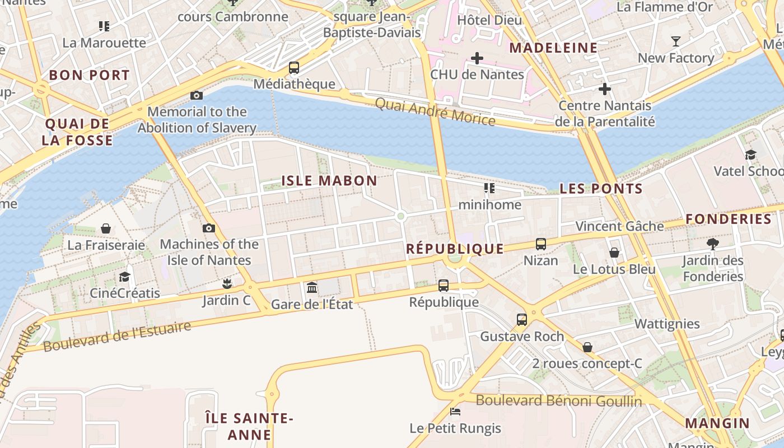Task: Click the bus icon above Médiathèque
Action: pos(294,68)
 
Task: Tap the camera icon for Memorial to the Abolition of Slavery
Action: pos(197,95)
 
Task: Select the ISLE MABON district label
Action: pos(329,180)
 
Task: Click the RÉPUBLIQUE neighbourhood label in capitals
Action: pos(455,249)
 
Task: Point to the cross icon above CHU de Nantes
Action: pos(477,58)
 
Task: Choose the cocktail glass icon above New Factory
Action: pos(676,41)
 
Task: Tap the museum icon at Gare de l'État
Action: pos(312,288)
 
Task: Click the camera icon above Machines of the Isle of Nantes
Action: pos(209,228)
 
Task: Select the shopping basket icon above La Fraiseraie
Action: pos(106,228)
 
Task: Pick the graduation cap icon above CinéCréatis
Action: pos(124,277)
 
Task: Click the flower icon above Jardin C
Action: pos(226,284)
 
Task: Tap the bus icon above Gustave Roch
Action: pos(522,320)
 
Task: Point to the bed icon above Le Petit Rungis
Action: pos(455,412)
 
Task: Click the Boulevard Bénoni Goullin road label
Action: pos(559,400)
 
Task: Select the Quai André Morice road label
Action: pos(435,111)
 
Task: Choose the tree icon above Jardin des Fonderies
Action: pos(713,244)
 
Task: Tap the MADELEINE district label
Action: pos(553,48)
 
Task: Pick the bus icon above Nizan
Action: pos(541,244)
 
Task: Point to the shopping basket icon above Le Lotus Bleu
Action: pos(614,253)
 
